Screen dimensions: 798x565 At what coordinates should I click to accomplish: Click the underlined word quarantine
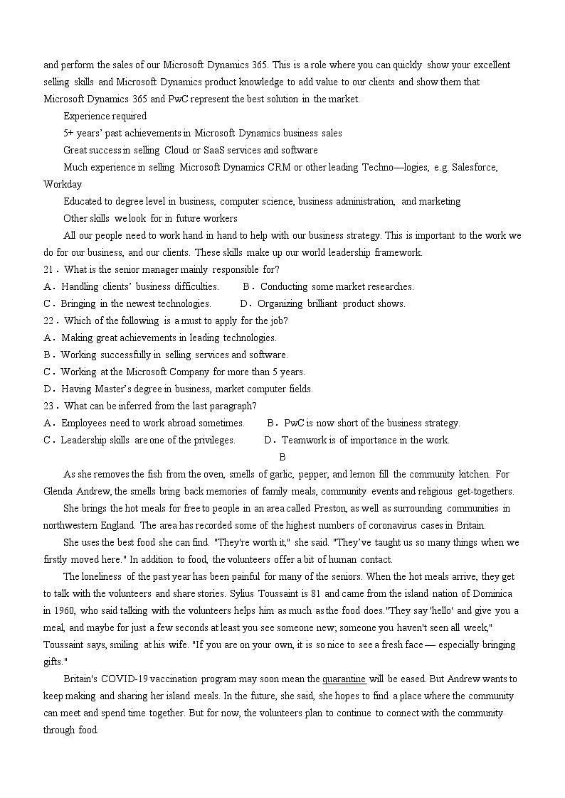344,679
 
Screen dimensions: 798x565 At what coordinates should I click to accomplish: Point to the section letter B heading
282,457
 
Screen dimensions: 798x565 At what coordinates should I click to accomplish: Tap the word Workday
63,184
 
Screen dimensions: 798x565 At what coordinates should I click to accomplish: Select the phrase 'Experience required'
105,116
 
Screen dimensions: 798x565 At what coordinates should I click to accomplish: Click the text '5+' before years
69,133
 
